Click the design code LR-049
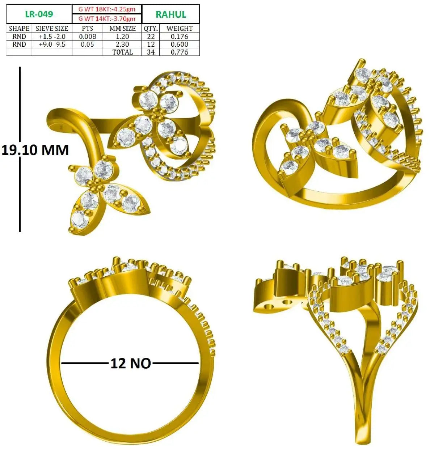pyautogui.click(x=39, y=14)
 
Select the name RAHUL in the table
pyautogui.click(x=171, y=14)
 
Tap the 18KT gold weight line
pyautogui.click(x=107, y=9)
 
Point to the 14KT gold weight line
pyautogui.click(x=107, y=18)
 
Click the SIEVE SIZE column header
pyautogui.click(x=52, y=29)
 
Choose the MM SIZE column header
pyautogui.click(x=122, y=29)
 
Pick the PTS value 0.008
pyautogui.click(x=88, y=37)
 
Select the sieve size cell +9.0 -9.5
pyautogui.click(x=52, y=44)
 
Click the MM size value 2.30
pyautogui.click(x=122, y=44)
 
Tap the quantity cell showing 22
pyautogui.click(x=151, y=37)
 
